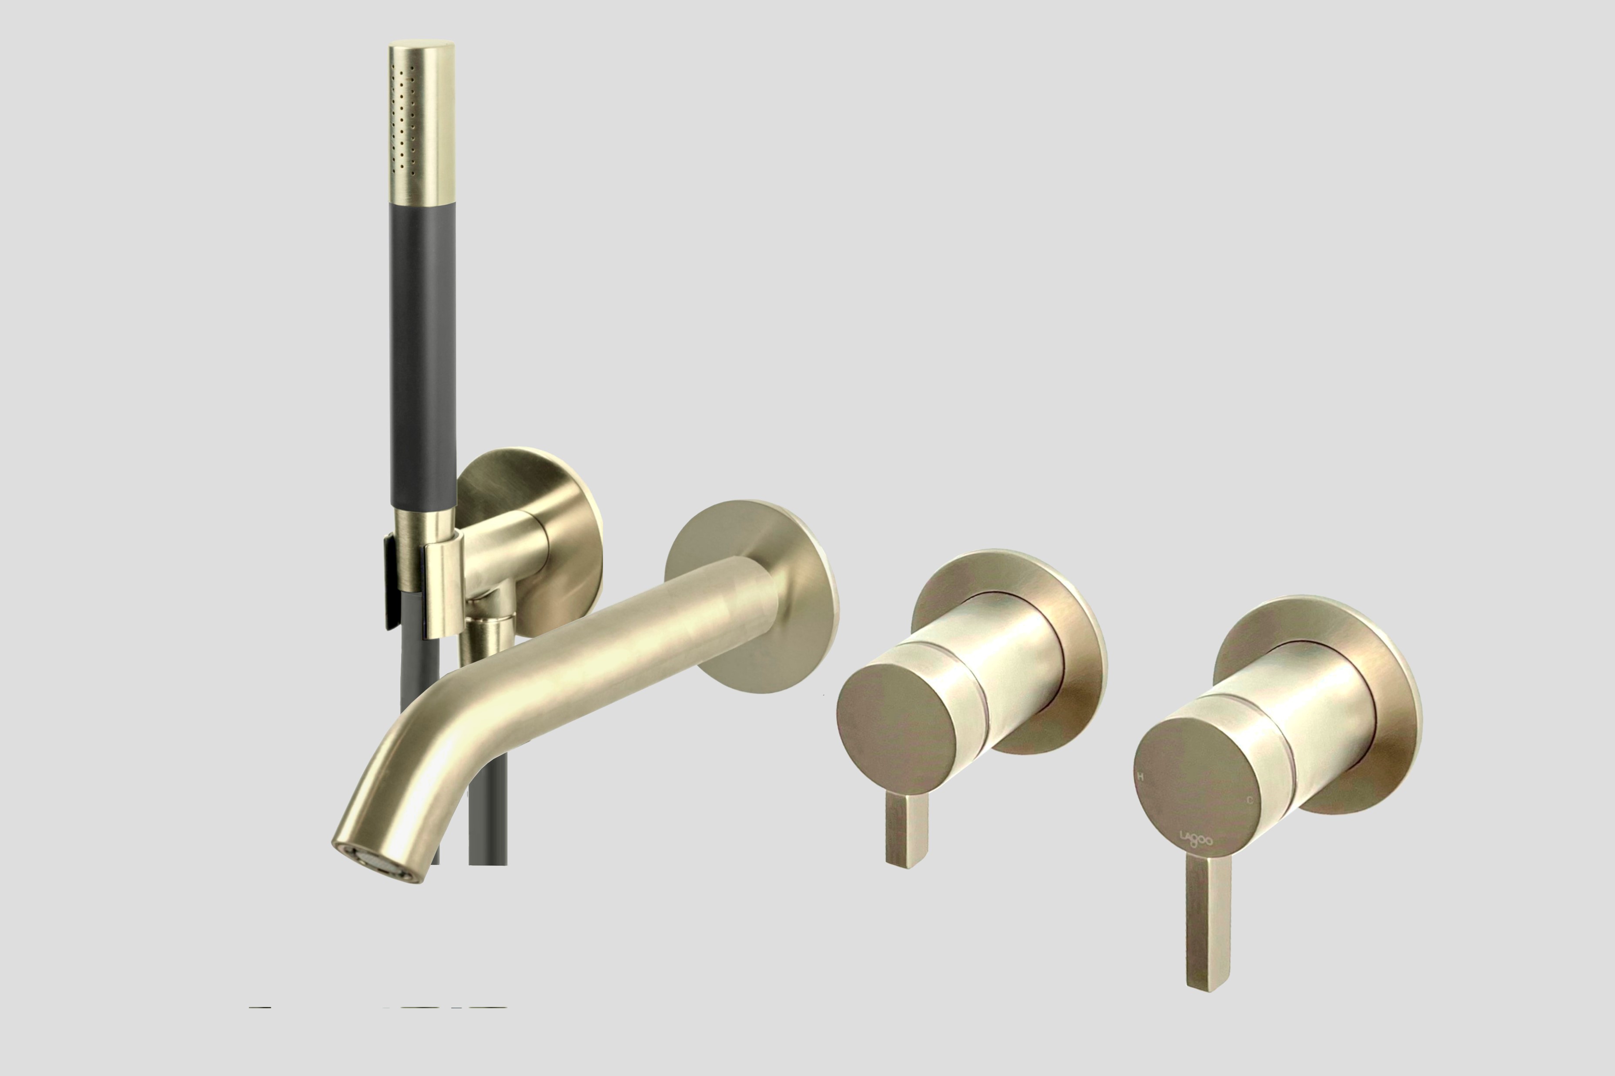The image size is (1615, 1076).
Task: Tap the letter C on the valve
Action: coord(1250,800)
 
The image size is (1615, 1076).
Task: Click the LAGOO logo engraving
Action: coord(1196,839)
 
